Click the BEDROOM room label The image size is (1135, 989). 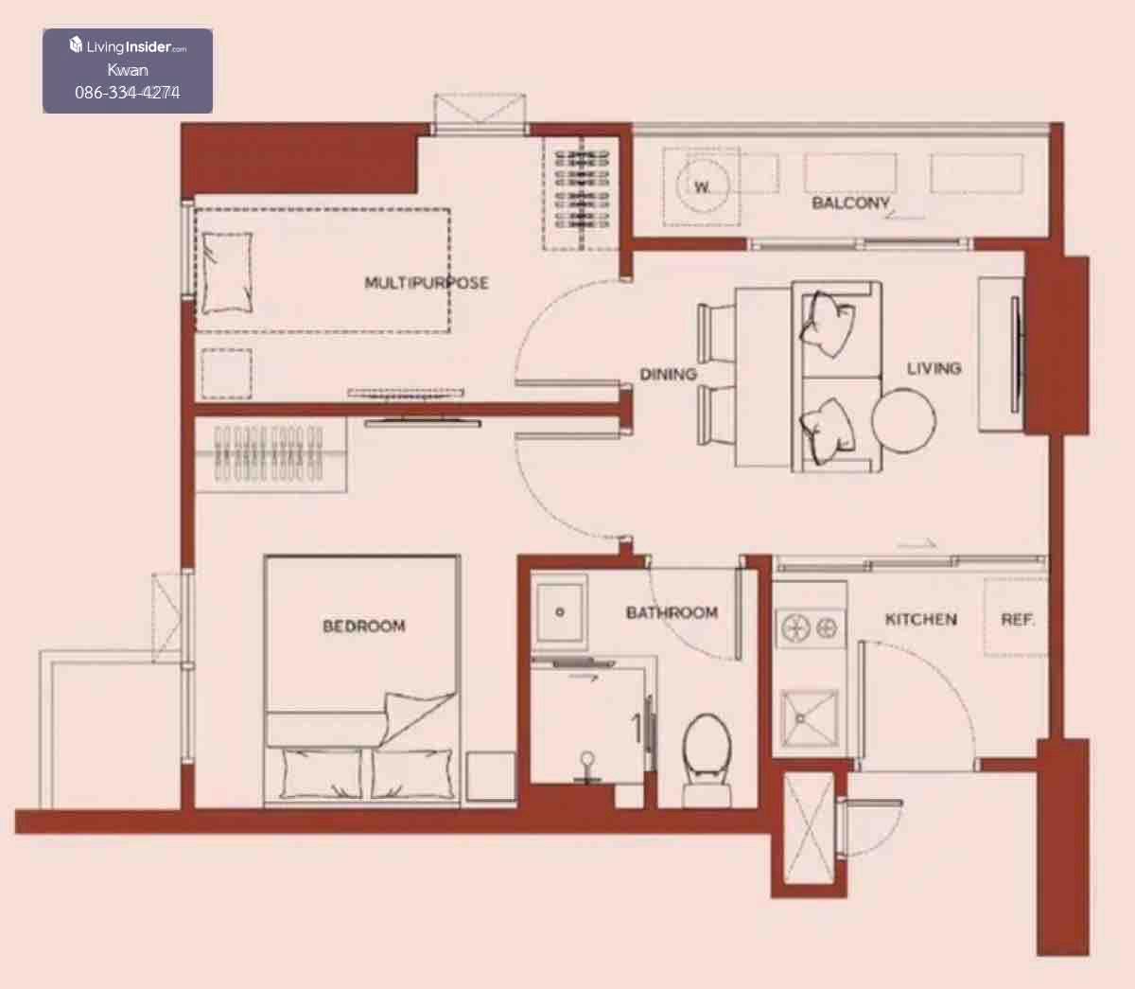pyautogui.click(x=364, y=626)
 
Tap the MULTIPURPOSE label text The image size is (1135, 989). pyautogui.click(x=427, y=283)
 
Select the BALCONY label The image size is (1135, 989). pyautogui.click(x=850, y=203)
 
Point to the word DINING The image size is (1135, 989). pyautogui.click(x=668, y=374)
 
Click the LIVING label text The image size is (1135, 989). pyautogui.click(x=934, y=368)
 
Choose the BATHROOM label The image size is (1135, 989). pyautogui.click(x=672, y=612)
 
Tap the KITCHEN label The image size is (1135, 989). pyautogui.click(x=921, y=619)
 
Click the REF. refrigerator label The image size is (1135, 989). pyautogui.click(x=1018, y=619)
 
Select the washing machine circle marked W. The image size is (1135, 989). pyautogui.click(x=702, y=185)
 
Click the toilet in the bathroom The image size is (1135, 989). pyautogui.click(x=707, y=759)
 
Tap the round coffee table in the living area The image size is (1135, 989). pyautogui.click(x=903, y=421)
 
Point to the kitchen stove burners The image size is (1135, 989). pyautogui.click(x=810, y=628)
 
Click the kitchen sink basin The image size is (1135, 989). pyautogui.click(x=809, y=718)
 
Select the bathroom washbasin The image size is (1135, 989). pyautogui.click(x=559, y=612)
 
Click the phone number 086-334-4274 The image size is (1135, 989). pyautogui.click(x=128, y=92)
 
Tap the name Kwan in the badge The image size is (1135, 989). pyautogui.click(x=128, y=70)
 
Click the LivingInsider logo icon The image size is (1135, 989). pyautogui.click(x=76, y=45)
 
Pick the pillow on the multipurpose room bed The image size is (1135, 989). pyautogui.click(x=227, y=273)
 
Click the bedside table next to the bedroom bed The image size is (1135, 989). pyautogui.click(x=490, y=777)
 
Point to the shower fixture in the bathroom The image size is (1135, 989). pyautogui.click(x=587, y=768)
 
